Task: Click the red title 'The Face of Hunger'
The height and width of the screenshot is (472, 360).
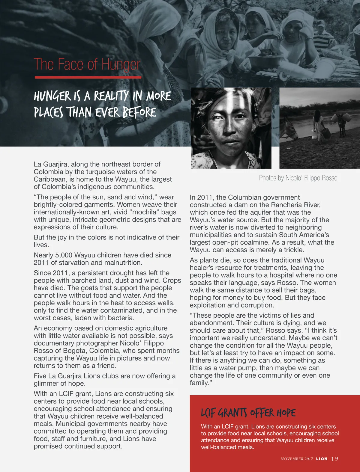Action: (87, 64)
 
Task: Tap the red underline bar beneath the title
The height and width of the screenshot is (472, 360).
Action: (88, 77)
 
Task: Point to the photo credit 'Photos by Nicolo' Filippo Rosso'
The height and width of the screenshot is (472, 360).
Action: (298, 178)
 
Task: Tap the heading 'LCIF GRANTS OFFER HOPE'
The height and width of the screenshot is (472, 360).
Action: (248, 413)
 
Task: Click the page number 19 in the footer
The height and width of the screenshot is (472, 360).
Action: (335, 459)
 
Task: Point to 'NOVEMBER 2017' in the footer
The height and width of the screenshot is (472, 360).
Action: (297, 459)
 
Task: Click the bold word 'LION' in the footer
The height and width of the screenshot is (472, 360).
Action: (322, 459)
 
